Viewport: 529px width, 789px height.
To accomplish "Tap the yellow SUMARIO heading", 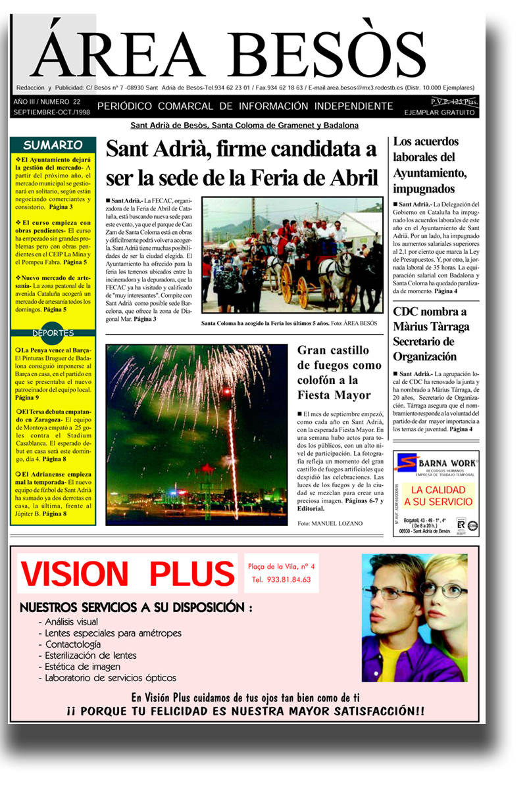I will tap(53, 145).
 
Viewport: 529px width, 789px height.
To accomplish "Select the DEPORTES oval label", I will tap(53, 333).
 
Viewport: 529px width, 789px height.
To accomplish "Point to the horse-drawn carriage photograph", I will tap(292, 255).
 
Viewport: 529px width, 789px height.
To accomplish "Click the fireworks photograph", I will tap(197, 434).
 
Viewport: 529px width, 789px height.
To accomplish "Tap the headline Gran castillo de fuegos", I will tap(338, 373).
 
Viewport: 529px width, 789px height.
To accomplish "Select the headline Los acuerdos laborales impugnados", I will tap(430, 165).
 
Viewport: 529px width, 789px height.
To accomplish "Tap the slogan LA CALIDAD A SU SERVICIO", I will tap(438, 496).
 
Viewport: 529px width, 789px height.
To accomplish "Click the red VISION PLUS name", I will tap(128, 573).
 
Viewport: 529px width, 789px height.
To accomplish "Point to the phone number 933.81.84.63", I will tap(281, 581).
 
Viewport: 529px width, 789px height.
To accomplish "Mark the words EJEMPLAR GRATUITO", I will tap(439, 113).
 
